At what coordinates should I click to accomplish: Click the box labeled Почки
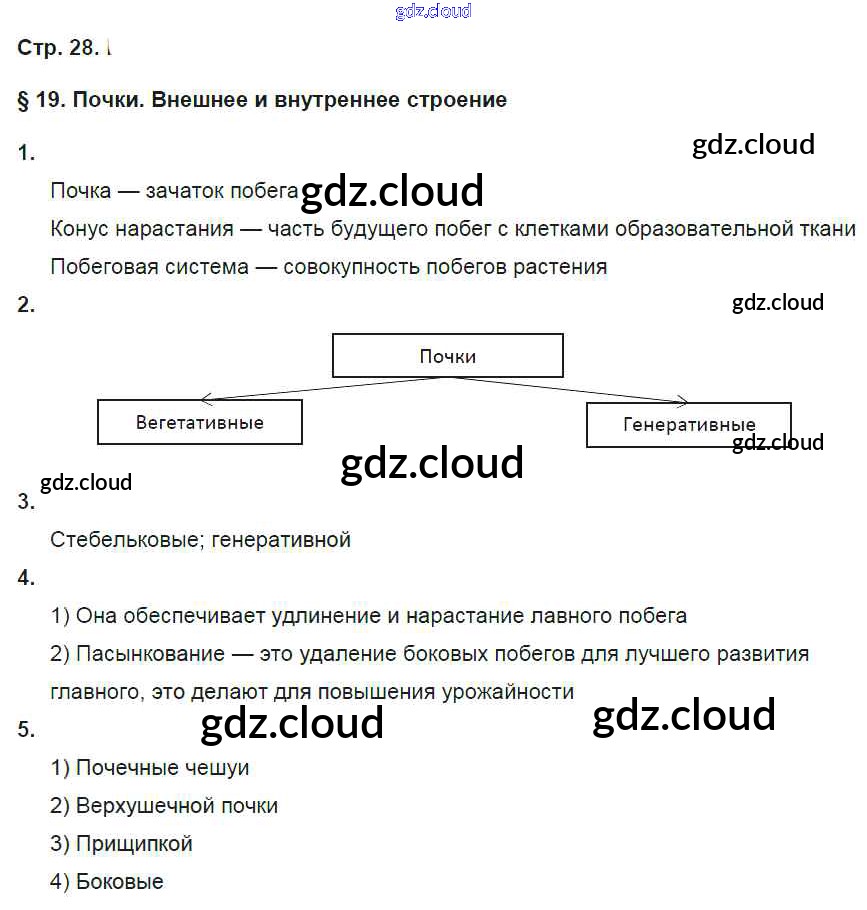pos(447,356)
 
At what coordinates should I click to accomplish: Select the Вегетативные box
pos(199,422)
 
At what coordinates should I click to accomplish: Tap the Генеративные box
pos(688,424)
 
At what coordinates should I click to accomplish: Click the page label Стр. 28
pos(58,47)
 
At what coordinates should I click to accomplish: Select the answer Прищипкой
pos(134,844)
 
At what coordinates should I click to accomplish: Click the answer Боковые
pos(119,882)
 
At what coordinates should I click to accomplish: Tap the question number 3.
pos(26,502)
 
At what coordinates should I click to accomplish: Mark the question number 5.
pos(26,730)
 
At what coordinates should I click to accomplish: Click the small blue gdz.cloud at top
pos(433,12)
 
